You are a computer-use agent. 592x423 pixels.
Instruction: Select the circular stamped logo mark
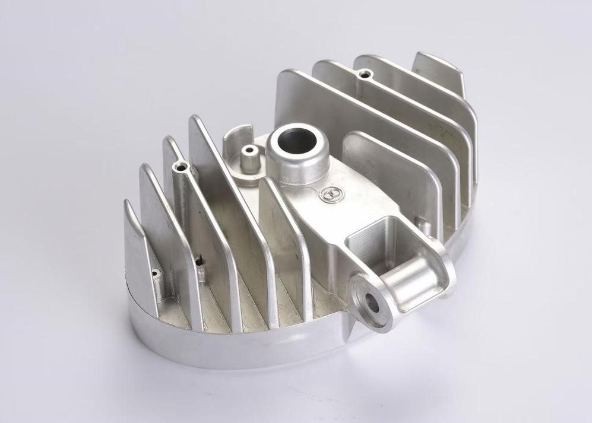(x=330, y=193)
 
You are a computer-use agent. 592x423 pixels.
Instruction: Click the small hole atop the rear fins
(x=365, y=75)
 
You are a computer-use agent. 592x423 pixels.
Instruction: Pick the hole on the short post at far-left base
(x=156, y=274)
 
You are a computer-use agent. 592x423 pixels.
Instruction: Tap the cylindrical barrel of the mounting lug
(x=410, y=279)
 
